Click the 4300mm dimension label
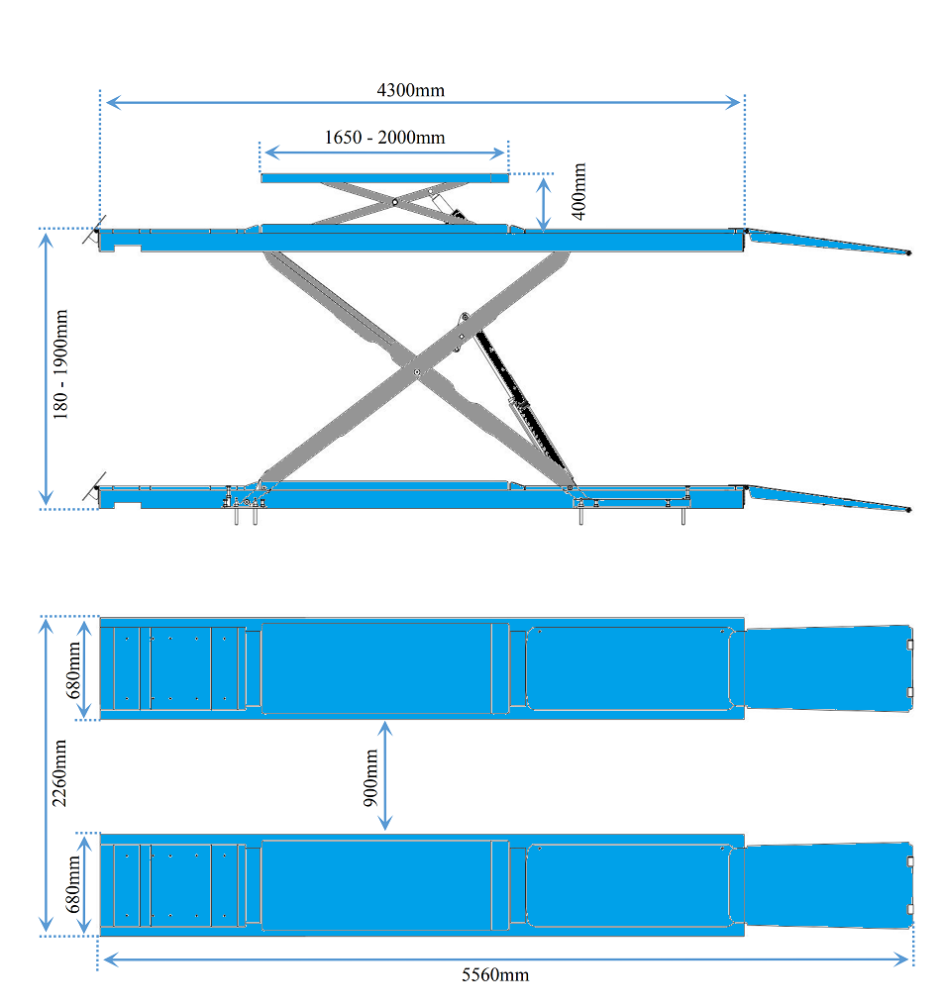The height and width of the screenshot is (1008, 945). pyautogui.click(x=410, y=90)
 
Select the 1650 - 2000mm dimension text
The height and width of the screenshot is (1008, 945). pyautogui.click(x=384, y=138)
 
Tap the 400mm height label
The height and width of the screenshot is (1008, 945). pyautogui.click(x=578, y=191)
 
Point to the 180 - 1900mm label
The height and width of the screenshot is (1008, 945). pyautogui.click(x=60, y=364)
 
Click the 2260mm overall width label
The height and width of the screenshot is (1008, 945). pyautogui.click(x=59, y=773)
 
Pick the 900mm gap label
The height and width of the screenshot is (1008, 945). pyautogui.click(x=371, y=778)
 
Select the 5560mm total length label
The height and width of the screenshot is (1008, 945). pyautogui.click(x=495, y=975)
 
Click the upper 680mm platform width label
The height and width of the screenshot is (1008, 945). pyautogui.click(x=74, y=670)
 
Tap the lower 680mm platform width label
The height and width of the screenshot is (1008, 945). pyautogui.click(x=74, y=884)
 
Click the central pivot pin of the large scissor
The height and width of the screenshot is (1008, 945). pyautogui.click(x=417, y=371)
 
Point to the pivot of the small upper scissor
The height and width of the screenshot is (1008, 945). pyautogui.click(x=395, y=202)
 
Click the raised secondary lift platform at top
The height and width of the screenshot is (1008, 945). pyautogui.click(x=384, y=178)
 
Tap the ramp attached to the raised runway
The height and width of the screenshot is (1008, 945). pyautogui.click(x=828, y=242)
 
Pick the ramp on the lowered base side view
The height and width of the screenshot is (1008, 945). pyautogui.click(x=828, y=499)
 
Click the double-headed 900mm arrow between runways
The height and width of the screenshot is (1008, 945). pyautogui.click(x=384, y=775)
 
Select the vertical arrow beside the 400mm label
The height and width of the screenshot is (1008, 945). pyautogui.click(x=544, y=204)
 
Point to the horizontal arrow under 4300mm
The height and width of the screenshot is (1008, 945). pyautogui.click(x=423, y=102)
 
